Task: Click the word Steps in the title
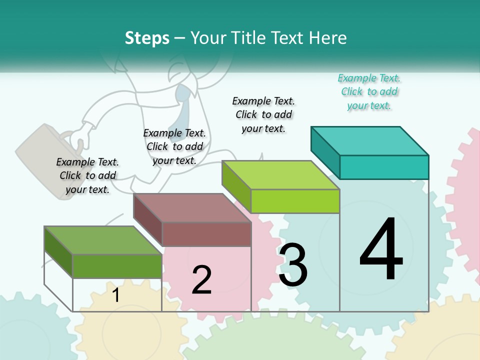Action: tap(147, 38)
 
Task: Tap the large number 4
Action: tap(381, 250)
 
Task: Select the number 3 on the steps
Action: tap(293, 265)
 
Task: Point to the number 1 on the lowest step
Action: tap(116, 295)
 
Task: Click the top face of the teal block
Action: tap(370, 141)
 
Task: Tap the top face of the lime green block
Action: tap(281, 175)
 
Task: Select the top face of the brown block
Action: tap(192, 208)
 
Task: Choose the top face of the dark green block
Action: tap(103, 240)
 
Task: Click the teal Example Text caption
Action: tap(369, 92)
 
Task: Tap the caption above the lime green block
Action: tap(263, 114)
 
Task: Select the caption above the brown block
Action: tap(174, 146)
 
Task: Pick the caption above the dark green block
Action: tap(87, 175)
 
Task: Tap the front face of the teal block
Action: tap(384, 167)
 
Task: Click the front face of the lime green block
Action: tap(295, 201)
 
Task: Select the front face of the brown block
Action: tap(206, 234)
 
